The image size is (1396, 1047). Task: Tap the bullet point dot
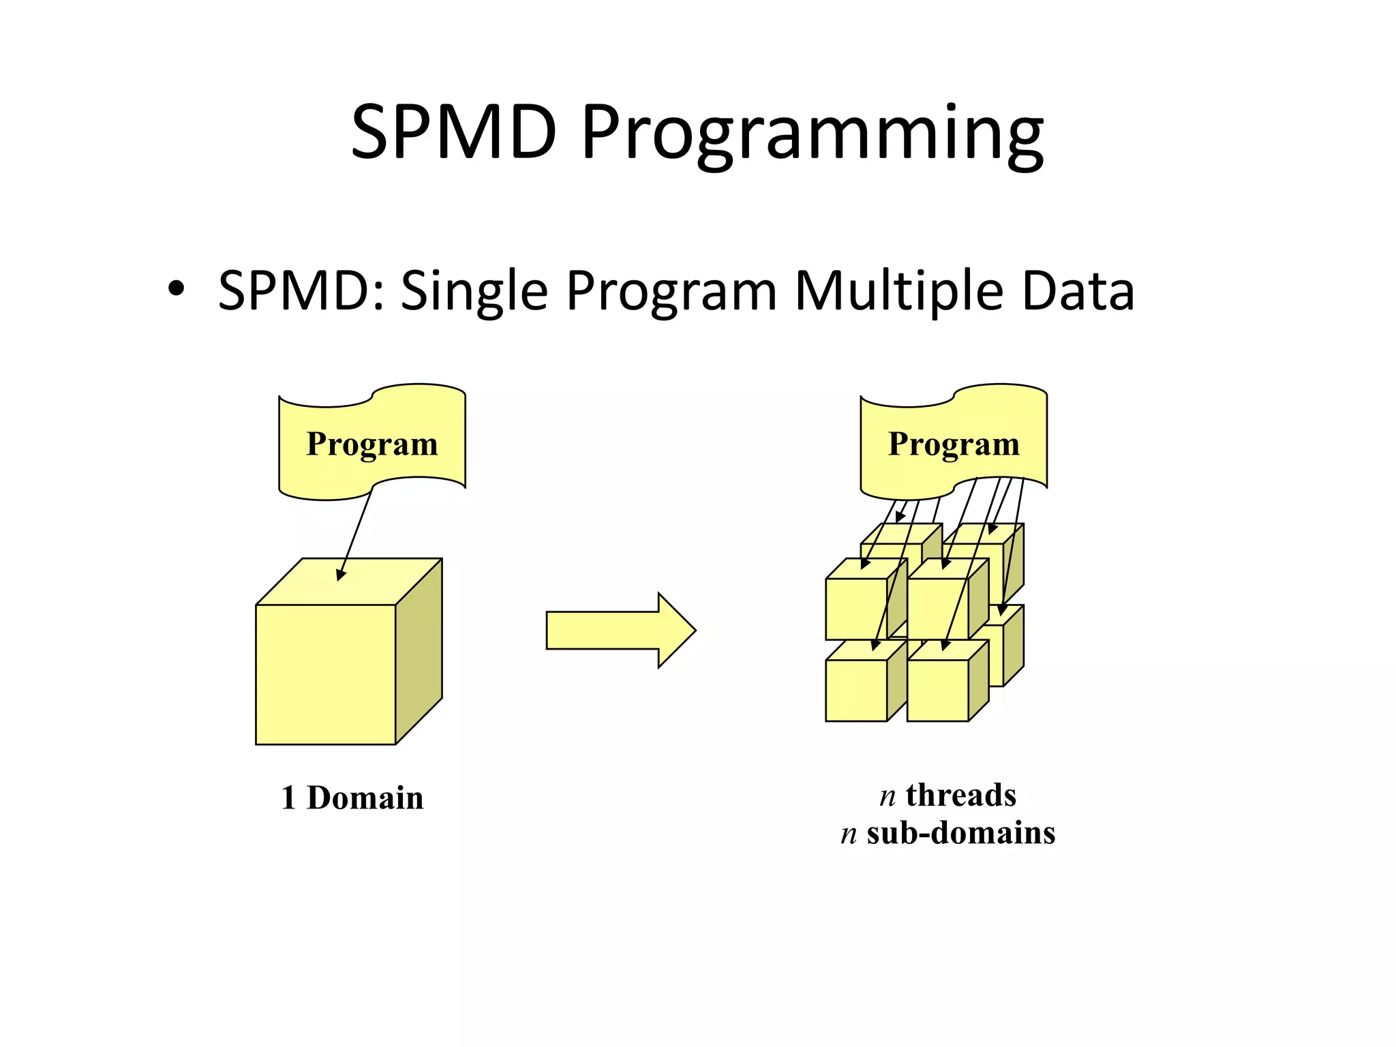[176, 290]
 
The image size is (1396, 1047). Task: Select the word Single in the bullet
[474, 292]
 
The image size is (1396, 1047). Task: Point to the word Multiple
[898, 292]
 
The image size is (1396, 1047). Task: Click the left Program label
[371, 444]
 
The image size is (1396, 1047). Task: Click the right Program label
[953, 444]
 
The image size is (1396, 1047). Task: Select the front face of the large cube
[325, 675]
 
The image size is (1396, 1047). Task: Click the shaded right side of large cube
[419, 651]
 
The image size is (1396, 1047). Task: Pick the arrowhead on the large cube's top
[341, 575]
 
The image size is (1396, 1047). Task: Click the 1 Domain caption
[352, 798]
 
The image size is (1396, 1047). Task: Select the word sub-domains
[960, 833]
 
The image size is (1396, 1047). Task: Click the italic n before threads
[887, 796]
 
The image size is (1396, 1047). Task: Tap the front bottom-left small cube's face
[855, 691]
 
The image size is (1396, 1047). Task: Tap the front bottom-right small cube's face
[937, 691]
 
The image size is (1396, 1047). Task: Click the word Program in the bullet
[671, 292]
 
